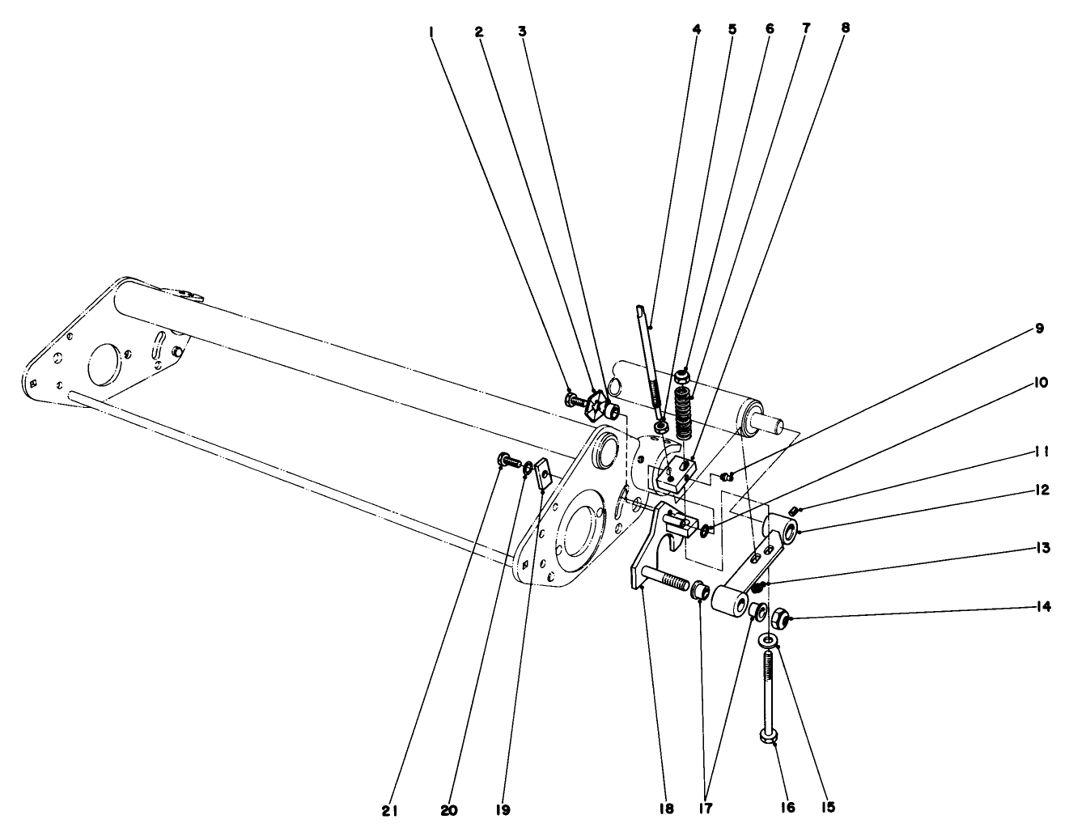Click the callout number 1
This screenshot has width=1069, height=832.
pos(433,32)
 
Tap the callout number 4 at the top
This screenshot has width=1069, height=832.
pos(696,29)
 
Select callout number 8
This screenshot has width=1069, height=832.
pos(845,27)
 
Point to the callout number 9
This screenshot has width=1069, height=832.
pos(1038,329)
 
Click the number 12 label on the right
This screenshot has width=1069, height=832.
pos(1042,490)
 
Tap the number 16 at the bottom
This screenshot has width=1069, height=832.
pos(787,808)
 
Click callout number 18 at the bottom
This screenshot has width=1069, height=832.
pos(665,808)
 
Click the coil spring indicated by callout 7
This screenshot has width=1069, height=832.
pos(685,413)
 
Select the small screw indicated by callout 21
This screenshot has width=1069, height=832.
pos(507,462)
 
